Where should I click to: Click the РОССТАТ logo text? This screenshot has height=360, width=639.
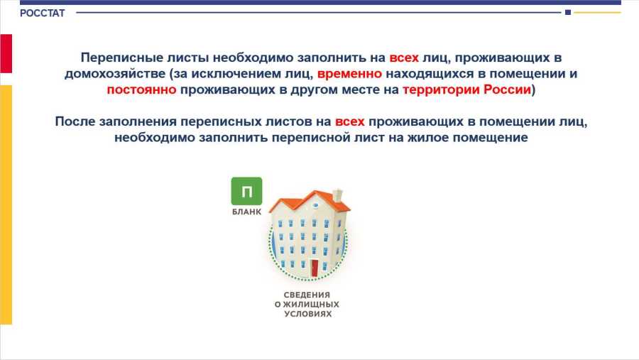42,13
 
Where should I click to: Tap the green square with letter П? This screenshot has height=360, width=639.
246,191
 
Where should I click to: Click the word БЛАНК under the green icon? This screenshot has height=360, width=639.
246,212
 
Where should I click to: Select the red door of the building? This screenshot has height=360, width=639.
315,268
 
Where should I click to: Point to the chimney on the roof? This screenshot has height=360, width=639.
337,195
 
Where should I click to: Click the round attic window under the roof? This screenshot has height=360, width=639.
315,206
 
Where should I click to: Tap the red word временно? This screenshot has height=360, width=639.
349,74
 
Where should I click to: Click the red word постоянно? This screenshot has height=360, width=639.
141,89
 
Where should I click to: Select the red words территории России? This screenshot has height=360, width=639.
467,89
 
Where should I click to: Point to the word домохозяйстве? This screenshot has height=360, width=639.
114,74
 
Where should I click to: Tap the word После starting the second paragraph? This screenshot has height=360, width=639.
75,121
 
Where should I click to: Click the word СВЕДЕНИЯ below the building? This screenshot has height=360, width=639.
307,295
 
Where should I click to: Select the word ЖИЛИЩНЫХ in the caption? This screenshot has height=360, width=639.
311,305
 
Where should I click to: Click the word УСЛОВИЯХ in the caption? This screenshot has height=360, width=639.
308,315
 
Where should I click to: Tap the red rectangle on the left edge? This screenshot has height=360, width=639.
6,54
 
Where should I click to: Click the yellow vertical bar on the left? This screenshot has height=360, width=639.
6,204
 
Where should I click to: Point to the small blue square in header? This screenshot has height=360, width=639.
568,13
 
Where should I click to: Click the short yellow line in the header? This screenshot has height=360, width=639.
597,13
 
